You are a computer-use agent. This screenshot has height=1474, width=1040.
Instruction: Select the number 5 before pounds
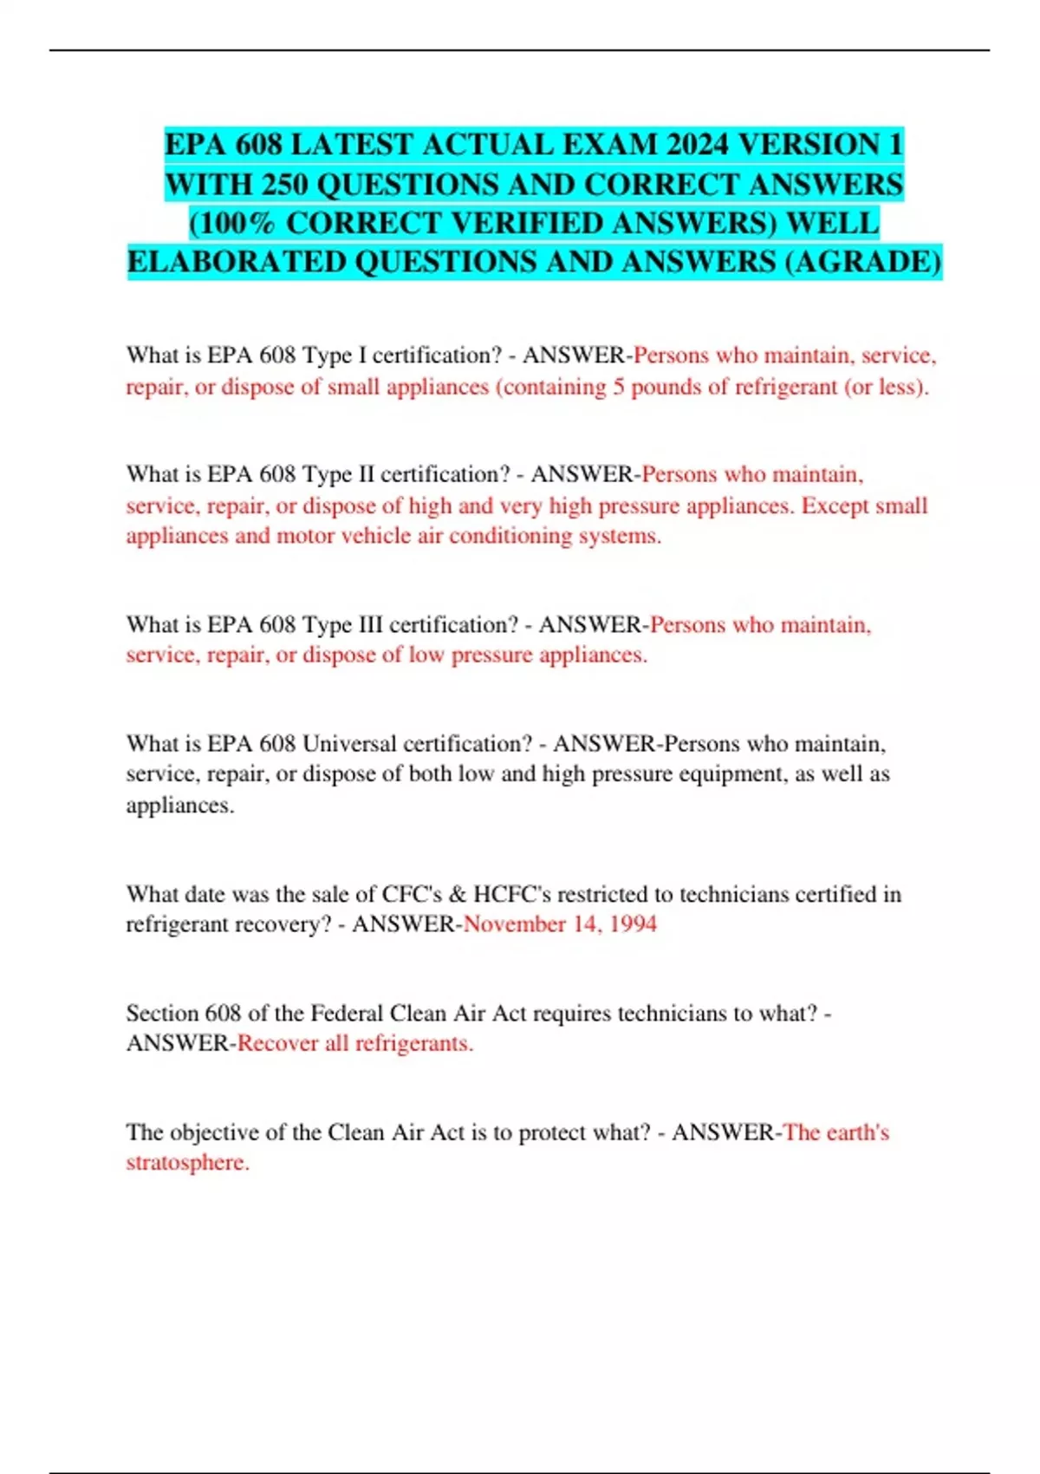tap(619, 387)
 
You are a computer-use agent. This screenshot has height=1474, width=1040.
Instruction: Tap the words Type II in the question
tap(338, 474)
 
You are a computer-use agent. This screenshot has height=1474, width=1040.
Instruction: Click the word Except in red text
tap(833, 505)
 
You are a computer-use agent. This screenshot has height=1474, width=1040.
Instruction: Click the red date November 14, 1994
tap(560, 924)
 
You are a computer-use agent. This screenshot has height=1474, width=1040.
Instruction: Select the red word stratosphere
tap(187, 1163)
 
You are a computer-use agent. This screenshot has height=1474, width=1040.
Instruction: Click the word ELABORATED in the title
tap(237, 261)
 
